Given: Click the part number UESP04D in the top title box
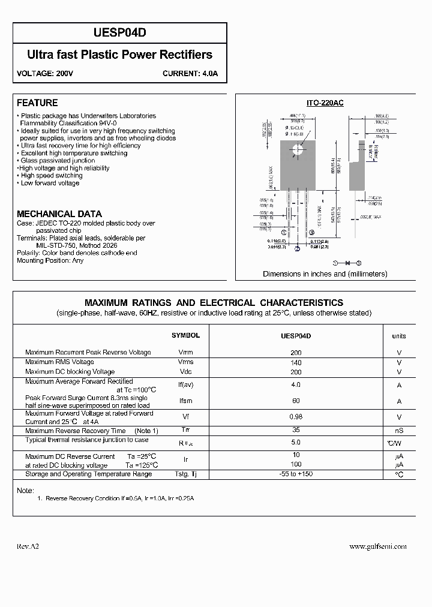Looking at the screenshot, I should pyautogui.click(x=119, y=34).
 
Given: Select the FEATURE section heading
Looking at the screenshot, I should pyautogui.click(x=37, y=103).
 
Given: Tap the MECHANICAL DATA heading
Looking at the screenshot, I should pyautogui.click(x=59, y=214).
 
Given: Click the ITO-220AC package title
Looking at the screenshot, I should pyautogui.click(x=325, y=103).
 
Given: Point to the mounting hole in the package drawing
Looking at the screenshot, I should pyautogui.click(x=296, y=150).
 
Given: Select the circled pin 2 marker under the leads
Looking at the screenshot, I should pyautogui.click(x=296, y=249).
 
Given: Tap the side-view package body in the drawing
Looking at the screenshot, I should pyautogui.click(x=361, y=162).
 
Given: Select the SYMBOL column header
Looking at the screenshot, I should pyautogui.click(x=185, y=336).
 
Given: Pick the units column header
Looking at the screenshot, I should pyautogui.click(x=399, y=336).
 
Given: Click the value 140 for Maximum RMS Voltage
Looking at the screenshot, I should pyautogui.click(x=296, y=362).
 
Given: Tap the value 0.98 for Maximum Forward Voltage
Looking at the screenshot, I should pyautogui.click(x=296, y=417).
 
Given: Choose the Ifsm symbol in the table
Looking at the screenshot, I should pyautogui.click(x=185, y=401).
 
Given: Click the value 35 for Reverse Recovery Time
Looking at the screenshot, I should pyautogui.click(x=296, y=430).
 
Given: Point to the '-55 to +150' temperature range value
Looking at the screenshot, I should pyautogui.click(x=296, y=474).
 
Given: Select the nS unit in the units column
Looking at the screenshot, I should pyautogui.click(x=399, y=431).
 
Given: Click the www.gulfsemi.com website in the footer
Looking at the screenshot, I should pyautogui.click(x=378, y=546).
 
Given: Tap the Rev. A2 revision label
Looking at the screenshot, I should pyautogui.click(x=28, y=546).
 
